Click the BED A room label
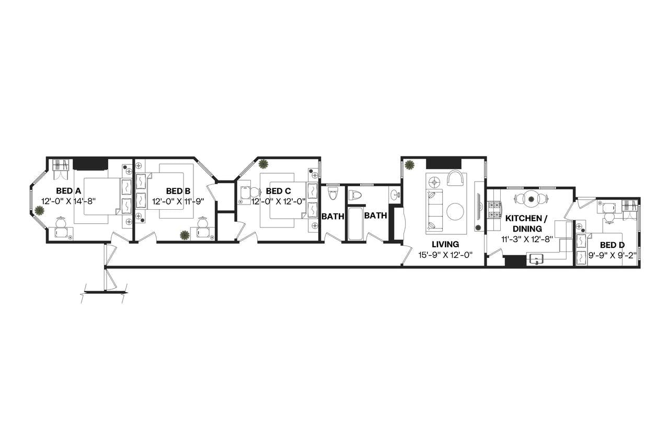(68, 191)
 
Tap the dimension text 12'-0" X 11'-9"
(178, 201)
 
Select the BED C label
(278, 191)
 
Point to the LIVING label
(445, 244)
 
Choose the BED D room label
(612, 245)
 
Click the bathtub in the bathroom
(355, 224)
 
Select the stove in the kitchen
(494, 209)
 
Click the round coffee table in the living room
(455, 211)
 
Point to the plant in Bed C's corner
(263, 164)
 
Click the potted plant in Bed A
(40, 211)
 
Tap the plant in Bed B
(184, 235)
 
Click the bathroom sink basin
(393, 195)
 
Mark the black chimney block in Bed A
(90, 164)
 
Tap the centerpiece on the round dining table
(531, 198)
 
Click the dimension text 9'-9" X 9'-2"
(612, 255)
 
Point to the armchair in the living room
(455, 178)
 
